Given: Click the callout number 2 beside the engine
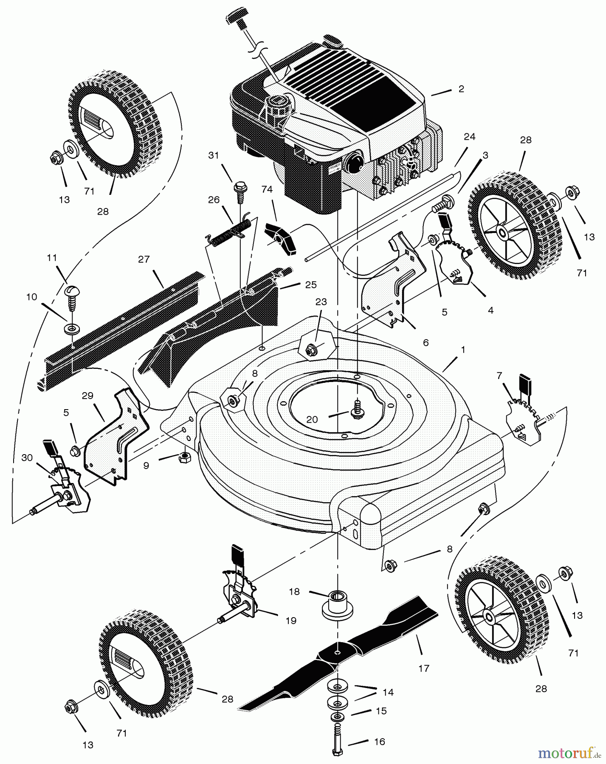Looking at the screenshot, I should pyautogui.click(x=461, y=89).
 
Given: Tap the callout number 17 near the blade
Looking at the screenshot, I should pyautogui.click(x=423, y=668).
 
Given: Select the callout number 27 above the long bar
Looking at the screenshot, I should pyautogui.click(x=144, y=259).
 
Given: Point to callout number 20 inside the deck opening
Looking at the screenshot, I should pyautogui.click(x=312, y=419).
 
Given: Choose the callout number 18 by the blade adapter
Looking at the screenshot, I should pyautogui.click(x=294, y=592).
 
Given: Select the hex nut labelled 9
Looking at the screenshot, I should pyautogui.click(x=184, y=457).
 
